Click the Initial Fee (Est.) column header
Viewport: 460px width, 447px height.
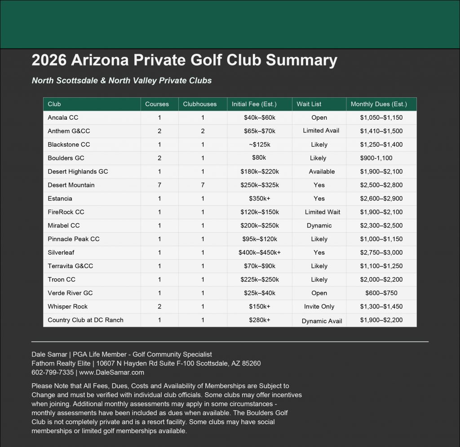point(254,104)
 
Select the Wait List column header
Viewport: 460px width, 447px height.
point(309,104)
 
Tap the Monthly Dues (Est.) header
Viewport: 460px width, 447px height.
point(379,104)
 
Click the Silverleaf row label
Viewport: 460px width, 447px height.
point(62,252)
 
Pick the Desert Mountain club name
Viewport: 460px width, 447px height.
point(71,185)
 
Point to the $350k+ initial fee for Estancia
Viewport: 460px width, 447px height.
point(259,198)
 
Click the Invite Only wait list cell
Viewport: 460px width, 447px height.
point(319,307)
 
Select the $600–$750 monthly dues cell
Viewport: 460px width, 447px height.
point(381,293)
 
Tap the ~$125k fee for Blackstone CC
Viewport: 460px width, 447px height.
point(259,144)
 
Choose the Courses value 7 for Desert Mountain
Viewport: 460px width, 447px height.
point(159,185)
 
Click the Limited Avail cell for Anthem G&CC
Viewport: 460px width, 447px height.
point(321,130)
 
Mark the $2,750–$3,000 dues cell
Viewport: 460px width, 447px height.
point(381,252)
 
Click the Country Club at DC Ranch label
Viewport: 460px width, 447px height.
point(85,320)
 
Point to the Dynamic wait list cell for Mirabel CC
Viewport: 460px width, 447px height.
point(319,226)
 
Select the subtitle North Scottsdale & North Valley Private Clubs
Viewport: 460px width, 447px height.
point(121,81)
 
